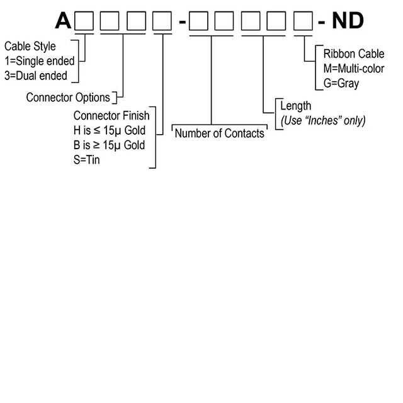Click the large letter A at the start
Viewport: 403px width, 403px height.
pos(64,21)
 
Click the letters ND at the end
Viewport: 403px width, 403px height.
pos(348,21)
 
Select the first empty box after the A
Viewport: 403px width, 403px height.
pos(84,21)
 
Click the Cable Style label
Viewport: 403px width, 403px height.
pos(30,47)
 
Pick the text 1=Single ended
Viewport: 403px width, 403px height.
pos(39,61)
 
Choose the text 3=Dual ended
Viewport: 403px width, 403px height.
pos(35,76)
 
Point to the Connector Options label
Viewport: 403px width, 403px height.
pos(68,98)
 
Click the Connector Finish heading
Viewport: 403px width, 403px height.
pos(111,116)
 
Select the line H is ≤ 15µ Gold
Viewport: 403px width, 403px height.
pos(110,130)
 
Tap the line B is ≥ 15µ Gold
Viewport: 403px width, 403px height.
pos(110,145)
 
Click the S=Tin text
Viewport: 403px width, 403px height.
pos(87,160)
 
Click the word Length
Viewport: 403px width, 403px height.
pos(296,106)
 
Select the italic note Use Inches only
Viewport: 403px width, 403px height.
pos(322,120)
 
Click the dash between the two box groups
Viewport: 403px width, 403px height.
pos(182,23)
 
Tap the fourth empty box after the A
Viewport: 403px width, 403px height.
pos(162,21)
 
